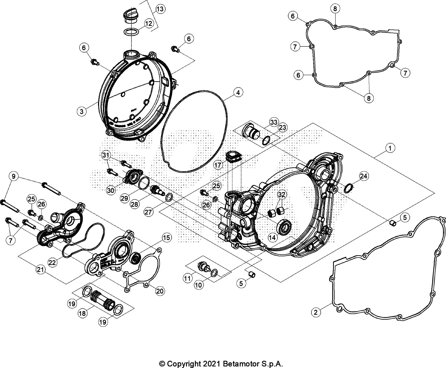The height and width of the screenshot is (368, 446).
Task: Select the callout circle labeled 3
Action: coord(82,111)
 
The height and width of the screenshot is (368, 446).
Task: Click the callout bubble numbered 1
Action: coord(390,149)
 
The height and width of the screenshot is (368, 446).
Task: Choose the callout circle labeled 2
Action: coord(316,312)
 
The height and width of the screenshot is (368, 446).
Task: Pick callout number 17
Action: coord(218,165)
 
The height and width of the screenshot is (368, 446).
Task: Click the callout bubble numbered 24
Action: coord(364,176)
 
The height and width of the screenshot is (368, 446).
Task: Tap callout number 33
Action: coord(273,122)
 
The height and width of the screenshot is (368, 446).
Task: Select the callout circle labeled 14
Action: coord(272,238)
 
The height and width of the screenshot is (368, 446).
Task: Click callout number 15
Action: coord(167,238)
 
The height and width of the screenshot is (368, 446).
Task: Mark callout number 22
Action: coord(52,263)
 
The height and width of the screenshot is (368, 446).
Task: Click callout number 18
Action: coord(82,313)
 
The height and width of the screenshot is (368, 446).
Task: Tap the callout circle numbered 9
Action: coord(14,176)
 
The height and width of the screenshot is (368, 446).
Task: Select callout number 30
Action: coord(110,191)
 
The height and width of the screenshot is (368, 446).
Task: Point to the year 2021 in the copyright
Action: coord(212,364)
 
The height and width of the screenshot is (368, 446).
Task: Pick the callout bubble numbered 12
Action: coord(148,23)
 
